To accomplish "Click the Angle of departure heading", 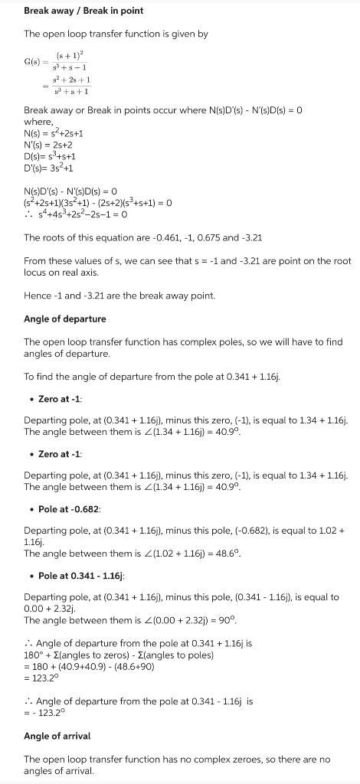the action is [x=65, y=318].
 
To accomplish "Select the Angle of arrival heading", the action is [x=57, y=736].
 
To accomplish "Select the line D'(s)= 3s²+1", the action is [x=49, y=168].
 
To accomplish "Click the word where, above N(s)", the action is [x=38, y=122].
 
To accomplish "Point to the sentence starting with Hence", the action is [x=109, y=296].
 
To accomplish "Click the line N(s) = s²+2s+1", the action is [x=54, y=133].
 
